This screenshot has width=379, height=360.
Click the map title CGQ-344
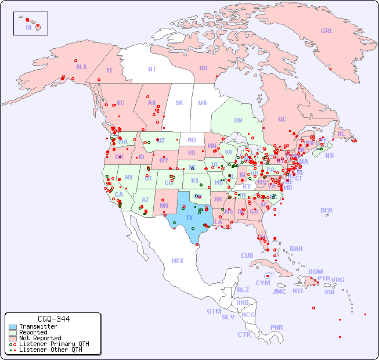pos(53,319)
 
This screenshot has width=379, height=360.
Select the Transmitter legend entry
pos(38,327)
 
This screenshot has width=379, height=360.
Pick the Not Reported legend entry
pos(39,338)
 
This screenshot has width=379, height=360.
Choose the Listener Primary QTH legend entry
pos(53,344)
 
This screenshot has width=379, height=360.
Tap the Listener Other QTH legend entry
pos(50,350)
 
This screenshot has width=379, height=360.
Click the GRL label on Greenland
pos(327,31)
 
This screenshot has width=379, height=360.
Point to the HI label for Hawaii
pos(28,27)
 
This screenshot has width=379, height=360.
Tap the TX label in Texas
pos(189,218)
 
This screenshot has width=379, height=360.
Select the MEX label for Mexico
pos(178,261)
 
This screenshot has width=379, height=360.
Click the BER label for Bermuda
pos(327,210)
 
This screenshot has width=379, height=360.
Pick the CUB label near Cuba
pos(247,255)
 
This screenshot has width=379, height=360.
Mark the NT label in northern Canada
pos(152,69)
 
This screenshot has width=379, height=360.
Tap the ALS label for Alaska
pos(81,67)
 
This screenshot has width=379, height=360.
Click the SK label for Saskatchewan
pos(179,103)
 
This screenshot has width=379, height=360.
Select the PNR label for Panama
pos(277,327)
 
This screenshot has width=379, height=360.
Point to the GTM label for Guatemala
pos(214,311)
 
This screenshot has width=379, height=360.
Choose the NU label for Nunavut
pos(203,68)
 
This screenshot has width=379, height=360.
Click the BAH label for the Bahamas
pos(296,249)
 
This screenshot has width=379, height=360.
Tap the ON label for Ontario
pos(238,120)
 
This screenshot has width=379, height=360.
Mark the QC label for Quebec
pos(282,119)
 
